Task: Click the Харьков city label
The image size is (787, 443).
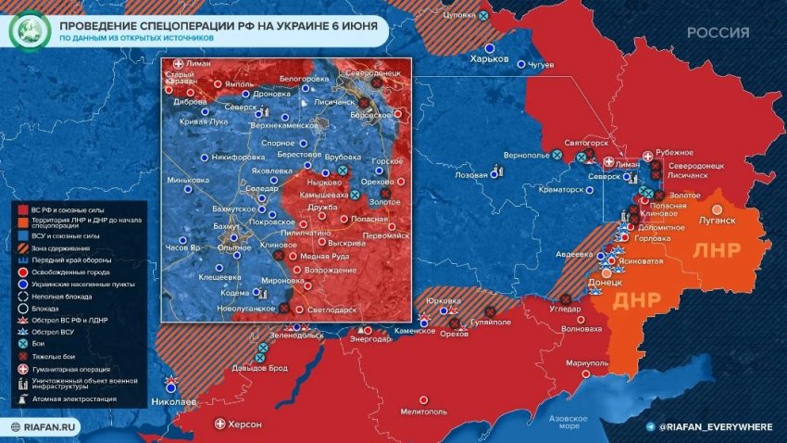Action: pos(490,59)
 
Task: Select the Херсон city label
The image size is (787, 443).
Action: pos(245,424)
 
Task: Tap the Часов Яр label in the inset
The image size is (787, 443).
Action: pos(183,247)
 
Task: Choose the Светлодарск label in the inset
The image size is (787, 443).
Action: pos(331,308)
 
